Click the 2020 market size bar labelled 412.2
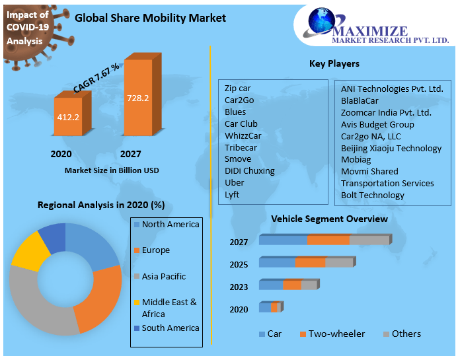point(68,119)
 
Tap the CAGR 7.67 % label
point(96,78)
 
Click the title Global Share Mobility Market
point(150,18)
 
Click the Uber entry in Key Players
point(234,182)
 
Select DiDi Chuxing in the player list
point(249,170)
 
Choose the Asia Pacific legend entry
point(163,276)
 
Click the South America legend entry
point(170,328)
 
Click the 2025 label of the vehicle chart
point(239,264)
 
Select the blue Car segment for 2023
point(270,285)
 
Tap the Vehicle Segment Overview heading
point(329,219)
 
